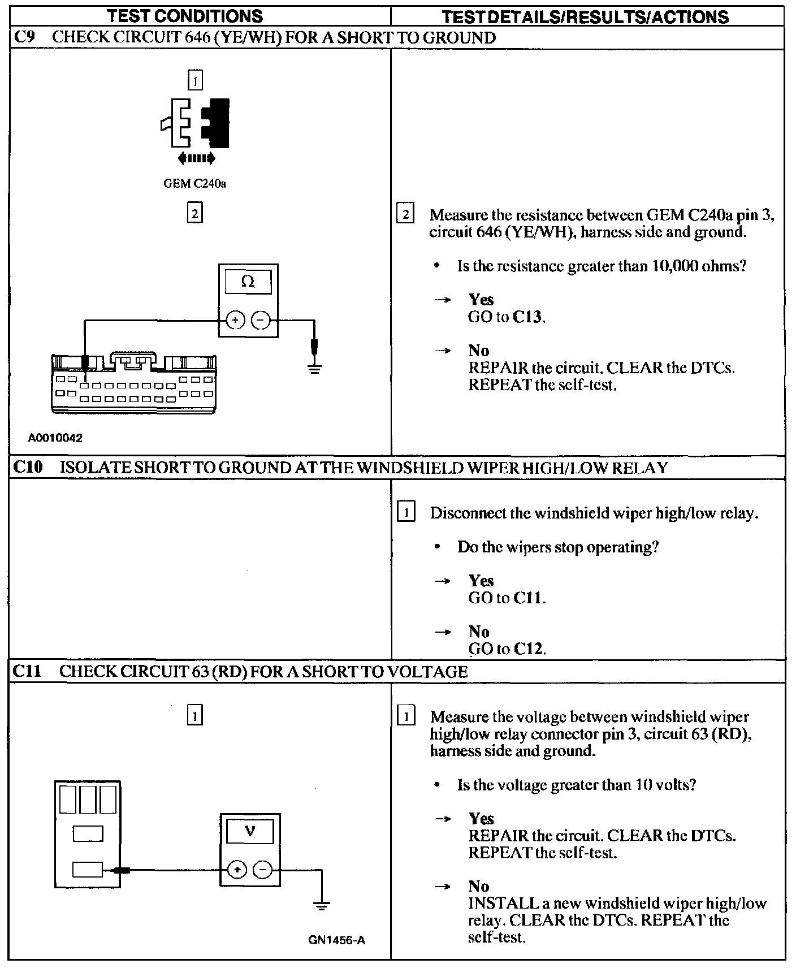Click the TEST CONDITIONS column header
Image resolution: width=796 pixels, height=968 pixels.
pyautogui.click(x=185, y=16)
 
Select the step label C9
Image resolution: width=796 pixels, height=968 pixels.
pyautogui.click(x=24, y=38)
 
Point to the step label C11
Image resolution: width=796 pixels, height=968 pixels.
pyautogui.click(x=28, y=671)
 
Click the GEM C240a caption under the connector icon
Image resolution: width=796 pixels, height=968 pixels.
pyautogui.click(x=194, y=184)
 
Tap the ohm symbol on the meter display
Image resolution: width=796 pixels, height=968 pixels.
pyautogui.click(x=248, y=282)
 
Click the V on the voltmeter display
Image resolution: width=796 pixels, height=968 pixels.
pyautogui.click(x=250, y=831)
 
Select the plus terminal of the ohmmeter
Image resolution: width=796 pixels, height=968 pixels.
pyautogui.click(x=235, y=321)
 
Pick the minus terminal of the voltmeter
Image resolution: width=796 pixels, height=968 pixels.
pyautogui.click(x=262, y=870)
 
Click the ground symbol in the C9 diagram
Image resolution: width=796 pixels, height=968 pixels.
pyautogui.click(x=314, y=368)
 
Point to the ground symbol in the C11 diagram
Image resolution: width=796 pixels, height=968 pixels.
pyautogui.click(x=322, y=906)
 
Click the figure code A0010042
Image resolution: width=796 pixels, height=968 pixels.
pyautogui.click(x=55, y=438)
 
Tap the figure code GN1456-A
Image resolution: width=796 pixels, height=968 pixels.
pyautogui.click(x=337, y=940)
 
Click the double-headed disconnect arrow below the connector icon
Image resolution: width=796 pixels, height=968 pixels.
pyautogui.click(x=196, y=158)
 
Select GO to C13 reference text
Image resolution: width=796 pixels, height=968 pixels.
pyautogui.click(x=507, y=317)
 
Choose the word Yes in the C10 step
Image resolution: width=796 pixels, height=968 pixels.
pyautogui.click(x=481, y=581)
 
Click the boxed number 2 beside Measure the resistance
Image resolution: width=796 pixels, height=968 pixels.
pyautogui.click(x=405, y=214)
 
